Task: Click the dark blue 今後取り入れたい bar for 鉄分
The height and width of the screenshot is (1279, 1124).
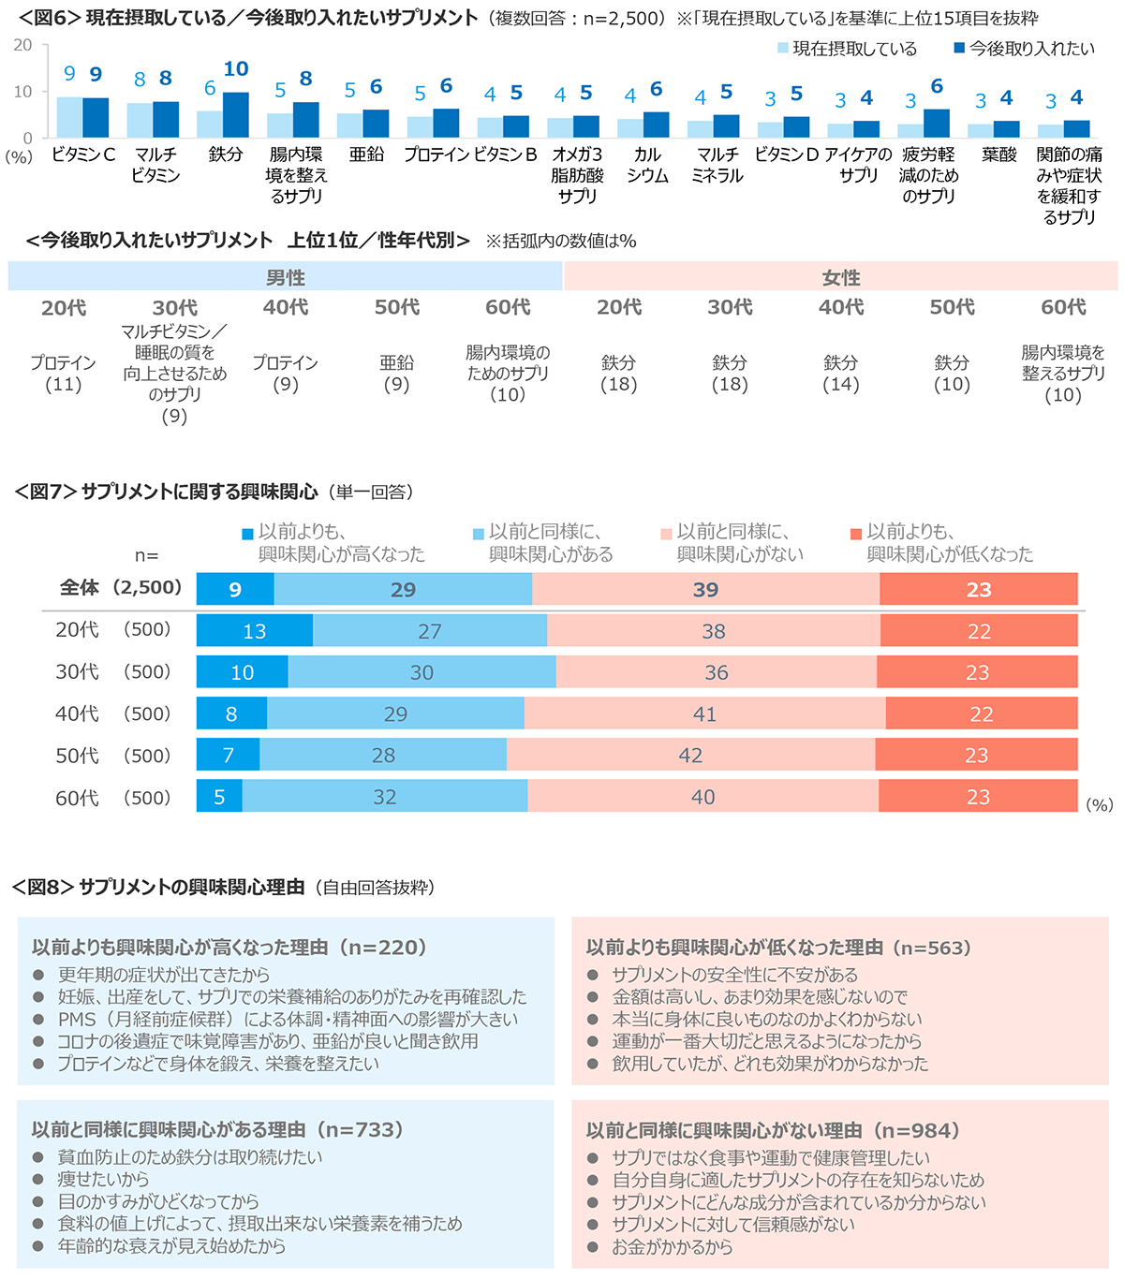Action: (236, 115)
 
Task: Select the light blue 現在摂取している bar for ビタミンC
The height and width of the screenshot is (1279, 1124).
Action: (69, 117)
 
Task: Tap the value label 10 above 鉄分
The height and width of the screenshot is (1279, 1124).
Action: (236, 69)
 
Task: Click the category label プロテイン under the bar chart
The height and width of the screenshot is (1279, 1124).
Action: (436, 154)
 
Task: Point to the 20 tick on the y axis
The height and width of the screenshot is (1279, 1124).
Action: (22, 45)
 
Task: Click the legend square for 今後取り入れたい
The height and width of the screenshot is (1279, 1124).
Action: (959, 48)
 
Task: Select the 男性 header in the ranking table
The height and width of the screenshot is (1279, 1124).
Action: (286, 278)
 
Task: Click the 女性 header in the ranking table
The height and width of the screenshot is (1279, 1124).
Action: (840, 278)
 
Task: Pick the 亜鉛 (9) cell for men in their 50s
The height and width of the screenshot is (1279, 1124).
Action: (396, 373)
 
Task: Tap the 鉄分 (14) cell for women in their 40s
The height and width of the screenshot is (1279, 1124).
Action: (840, 373)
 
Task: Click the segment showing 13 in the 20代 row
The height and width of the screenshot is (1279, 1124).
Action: (255, 631)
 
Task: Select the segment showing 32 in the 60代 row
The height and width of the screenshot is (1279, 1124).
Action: (385, 797)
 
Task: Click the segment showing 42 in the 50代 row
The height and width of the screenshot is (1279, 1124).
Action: (690, 756)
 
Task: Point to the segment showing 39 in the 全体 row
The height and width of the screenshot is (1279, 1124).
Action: (705, 590)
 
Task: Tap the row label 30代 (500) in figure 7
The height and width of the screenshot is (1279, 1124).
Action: (112, 672)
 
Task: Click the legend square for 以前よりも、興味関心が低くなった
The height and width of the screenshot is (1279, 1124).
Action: (855, 534)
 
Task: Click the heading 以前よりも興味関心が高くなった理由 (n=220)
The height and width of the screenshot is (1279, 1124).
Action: (229, 948)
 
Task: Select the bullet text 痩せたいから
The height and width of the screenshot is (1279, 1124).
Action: (103, 1180)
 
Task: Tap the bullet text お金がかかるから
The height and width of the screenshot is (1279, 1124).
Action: (672, 1247)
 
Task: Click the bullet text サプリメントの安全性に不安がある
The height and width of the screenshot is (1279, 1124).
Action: (734, 975)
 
